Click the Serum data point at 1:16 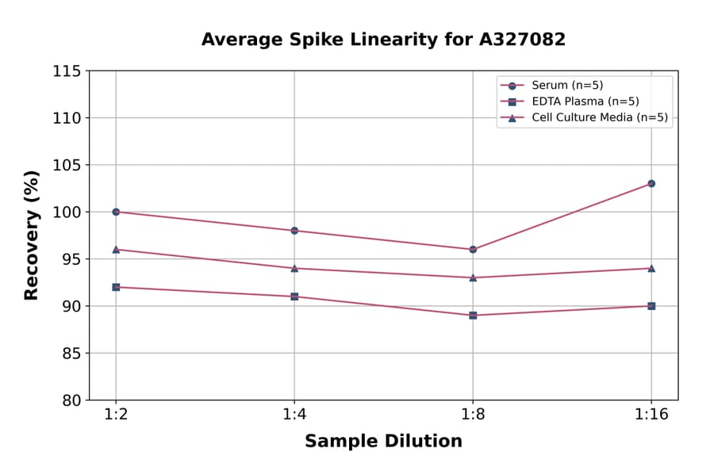pyautogui.click(x=651, y=183)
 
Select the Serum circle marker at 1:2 pyautogui.click(x=116, y=212)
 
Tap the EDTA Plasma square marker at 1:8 pyautogui.click(x=473, y=316)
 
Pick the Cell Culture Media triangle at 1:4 pyautogui.click(x=294, y=268)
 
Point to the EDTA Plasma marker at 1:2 pyautogui.click(x=116, y=287)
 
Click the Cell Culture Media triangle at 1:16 pyautogui.click(x=651, y=268)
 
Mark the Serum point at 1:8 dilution pyautogui.click(x=473, y=249)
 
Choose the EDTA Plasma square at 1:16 pyautogui.click(x=651, y=306)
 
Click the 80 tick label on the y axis pyautogui.click(x=71, y=400)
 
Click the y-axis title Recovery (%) pyautogui.click(x=32, y=235)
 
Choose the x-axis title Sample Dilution pyautogui.click(x=383, y=442)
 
